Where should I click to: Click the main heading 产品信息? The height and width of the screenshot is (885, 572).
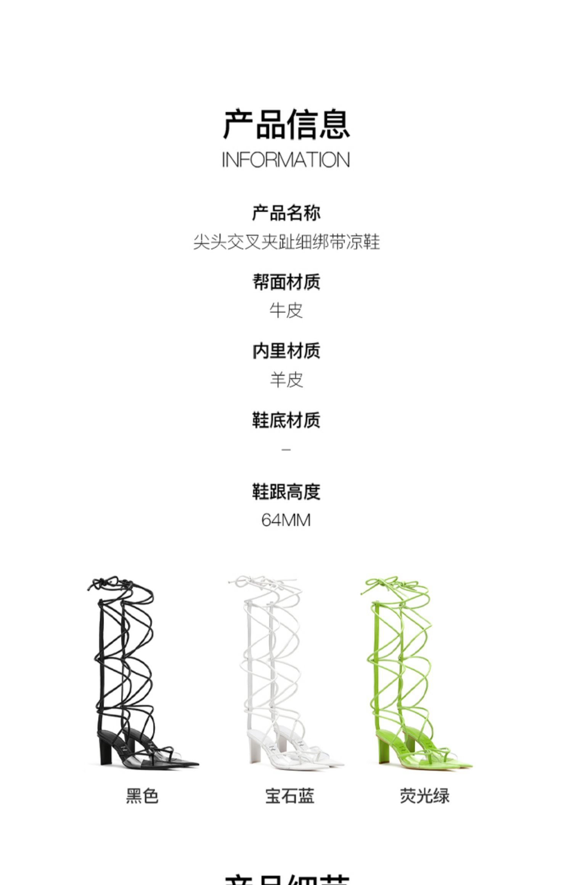click(x=286, y=124)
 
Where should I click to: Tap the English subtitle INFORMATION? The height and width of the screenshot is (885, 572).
click(x=286, y=160)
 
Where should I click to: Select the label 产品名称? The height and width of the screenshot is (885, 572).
click(x=286, y=213)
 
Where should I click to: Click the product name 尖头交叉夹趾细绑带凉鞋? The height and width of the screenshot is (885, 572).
click(x=286, y=242)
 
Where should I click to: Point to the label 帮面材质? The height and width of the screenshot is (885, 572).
click(x=286, y=282)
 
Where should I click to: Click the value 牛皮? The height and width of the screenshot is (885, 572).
click(x=286, y=310)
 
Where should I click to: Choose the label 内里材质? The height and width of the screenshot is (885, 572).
click(x=286, y=351)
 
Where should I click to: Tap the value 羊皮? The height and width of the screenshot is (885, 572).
click(x=286, y=380)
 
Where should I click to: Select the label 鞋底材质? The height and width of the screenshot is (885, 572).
click(x=286, y=420)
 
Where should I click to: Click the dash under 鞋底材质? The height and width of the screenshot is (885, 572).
click(x=286, y=450)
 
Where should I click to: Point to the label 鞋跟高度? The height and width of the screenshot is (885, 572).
click(x=286, y=492)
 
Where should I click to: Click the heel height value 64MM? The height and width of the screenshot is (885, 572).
click(x=286, y=520)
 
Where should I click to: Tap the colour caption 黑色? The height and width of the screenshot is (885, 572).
click(x=142, y=796)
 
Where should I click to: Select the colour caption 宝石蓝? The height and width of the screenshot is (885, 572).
click(x=290, y=796)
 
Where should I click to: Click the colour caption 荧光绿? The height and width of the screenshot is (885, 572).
click(x=424, y=796)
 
